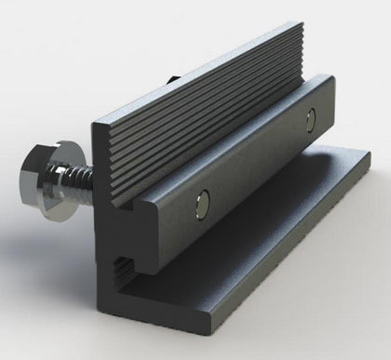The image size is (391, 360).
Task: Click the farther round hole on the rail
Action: click(311, 118)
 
